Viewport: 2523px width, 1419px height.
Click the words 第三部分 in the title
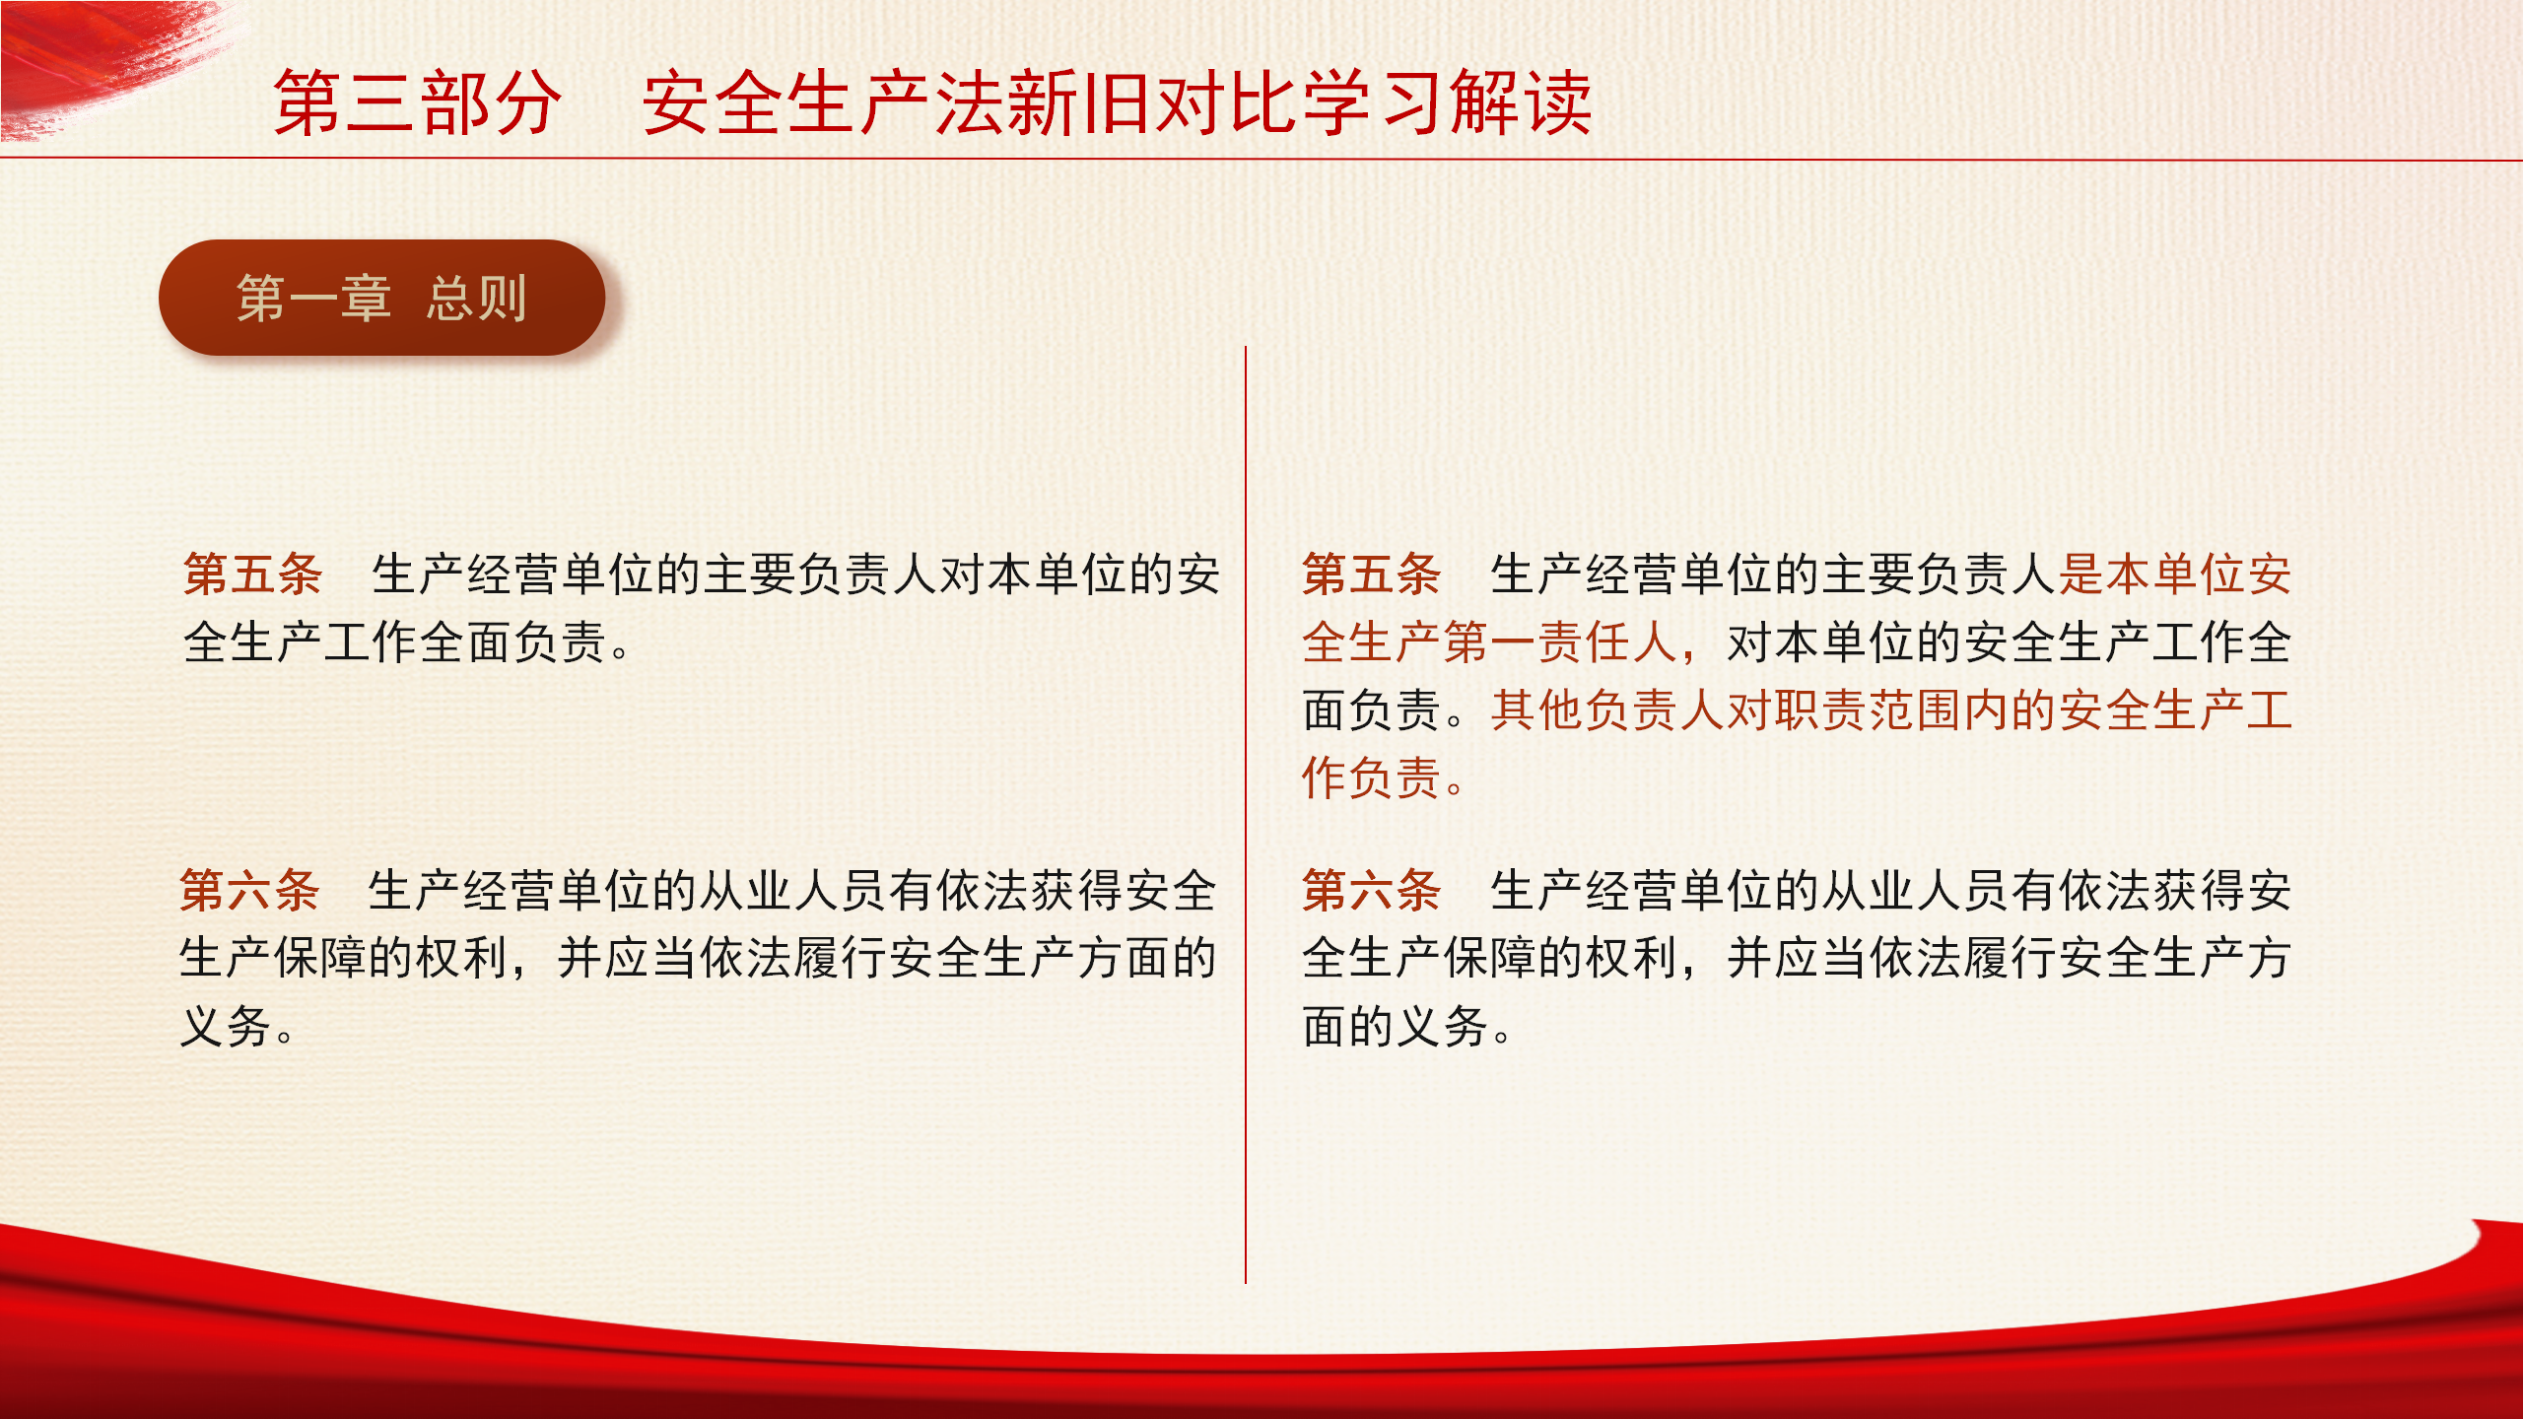click(418, 102)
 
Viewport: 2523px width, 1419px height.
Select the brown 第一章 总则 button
click(381, 298)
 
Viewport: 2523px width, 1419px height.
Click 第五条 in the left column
click(253, 574)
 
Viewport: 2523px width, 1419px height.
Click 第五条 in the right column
click(1372, 574)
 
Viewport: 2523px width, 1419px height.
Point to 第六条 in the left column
click(250, 891)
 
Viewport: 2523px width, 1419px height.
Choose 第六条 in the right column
click(1372, 891)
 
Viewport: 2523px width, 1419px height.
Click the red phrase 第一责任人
click(1561, 642)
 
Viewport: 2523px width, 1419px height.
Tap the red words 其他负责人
click(1608, 710)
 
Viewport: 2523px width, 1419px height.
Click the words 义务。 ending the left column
click(238, 1027)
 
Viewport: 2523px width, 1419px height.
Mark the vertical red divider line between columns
click(1246, 814)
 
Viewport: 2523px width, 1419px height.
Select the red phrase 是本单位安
click(2175, 574)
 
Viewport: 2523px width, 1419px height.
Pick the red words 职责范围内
click(1892, 710)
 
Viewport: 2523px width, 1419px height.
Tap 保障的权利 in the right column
click(1561, 959)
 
